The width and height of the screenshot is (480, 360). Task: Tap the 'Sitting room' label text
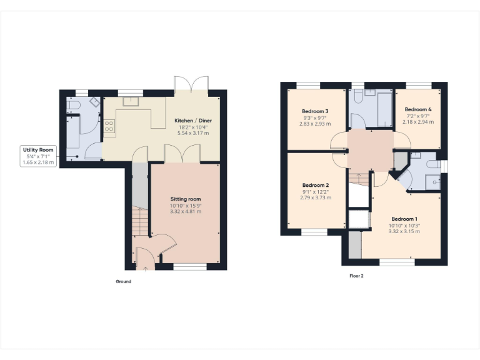point(186,199)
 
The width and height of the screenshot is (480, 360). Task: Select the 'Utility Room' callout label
point(39,150)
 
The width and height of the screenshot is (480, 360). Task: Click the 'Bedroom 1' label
point(404,219)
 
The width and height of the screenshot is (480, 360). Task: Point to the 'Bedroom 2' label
point(316,185)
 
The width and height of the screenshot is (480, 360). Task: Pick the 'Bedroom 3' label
point(316,111)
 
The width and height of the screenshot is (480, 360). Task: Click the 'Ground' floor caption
point(123,282)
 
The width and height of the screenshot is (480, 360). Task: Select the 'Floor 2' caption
point(356,276)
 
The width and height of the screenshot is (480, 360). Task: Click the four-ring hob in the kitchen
point(109,127)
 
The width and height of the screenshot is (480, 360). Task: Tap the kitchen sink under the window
point(131,102)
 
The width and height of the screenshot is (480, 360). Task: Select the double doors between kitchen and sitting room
point(182,154)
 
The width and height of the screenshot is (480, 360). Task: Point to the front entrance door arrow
point(146,268)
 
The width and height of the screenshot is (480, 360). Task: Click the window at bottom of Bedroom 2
point(315,232)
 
